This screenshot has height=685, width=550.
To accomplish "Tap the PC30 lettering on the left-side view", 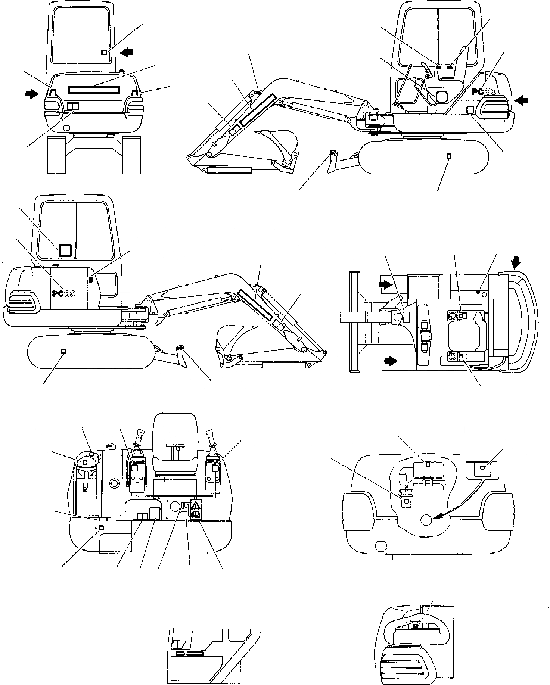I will click(x=63, y=293).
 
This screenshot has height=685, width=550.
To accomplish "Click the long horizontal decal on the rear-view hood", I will click(x=94, y=90).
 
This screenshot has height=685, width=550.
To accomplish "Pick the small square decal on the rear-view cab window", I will click(x=105, y=53).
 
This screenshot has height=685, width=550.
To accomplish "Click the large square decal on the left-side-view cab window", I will click(x=66, y=250).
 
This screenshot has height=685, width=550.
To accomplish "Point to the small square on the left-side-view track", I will click(x=63, y=351).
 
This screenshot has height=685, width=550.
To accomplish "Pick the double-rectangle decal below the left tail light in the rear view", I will click(x=73, y=106).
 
